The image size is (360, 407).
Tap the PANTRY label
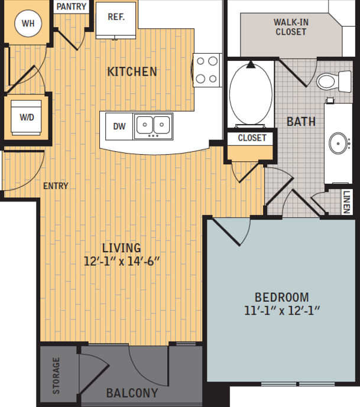72,7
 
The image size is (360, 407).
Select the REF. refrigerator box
116,18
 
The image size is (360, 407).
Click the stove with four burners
207,69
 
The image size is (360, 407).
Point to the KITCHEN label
132,71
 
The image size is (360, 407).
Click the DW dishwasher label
119,126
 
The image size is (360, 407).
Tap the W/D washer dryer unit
27,116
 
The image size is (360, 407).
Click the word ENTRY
56,185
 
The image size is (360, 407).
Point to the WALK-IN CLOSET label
290,27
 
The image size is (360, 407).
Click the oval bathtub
250,94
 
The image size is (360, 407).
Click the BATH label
301,122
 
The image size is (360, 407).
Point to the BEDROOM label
281,297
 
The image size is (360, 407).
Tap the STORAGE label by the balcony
56,375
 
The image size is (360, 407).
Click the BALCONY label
132,393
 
